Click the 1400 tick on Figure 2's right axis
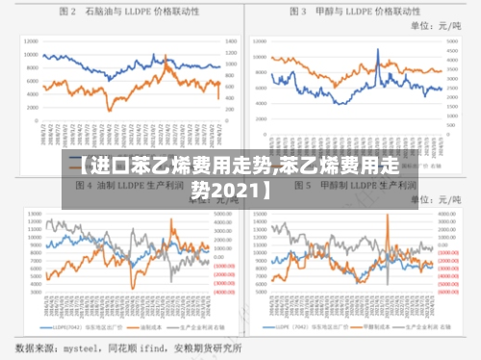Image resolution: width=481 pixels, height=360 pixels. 231,41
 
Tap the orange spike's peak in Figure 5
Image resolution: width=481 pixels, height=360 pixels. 388,216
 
